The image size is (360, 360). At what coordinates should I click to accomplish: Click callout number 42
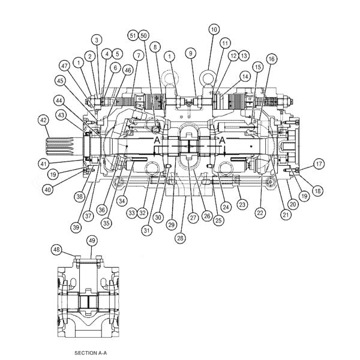pyautogui.click(x=43, y=120)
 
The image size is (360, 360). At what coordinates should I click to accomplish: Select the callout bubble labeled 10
pyautogui.click(x=214, y=29)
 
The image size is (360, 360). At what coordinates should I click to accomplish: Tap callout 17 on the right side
pyautogui.click(x=319, y=163)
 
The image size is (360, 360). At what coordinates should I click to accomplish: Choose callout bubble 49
pyautogui.click(x=92, y=241)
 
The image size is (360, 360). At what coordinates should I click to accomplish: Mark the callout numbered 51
pyautogui.click(x=132, y=36)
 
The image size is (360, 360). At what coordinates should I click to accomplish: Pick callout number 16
pyautogui.click(x=272, y=59)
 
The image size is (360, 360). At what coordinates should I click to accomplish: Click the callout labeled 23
pyautogui.click(x=242, y=205)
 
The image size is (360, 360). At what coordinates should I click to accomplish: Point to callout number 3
pyautogui.click(x=97, y=40)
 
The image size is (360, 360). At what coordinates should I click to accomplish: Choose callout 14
pyautogui.click(x=245, y=76)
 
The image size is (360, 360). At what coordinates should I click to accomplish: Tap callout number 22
pyautogui.click(x=260, y=212)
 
